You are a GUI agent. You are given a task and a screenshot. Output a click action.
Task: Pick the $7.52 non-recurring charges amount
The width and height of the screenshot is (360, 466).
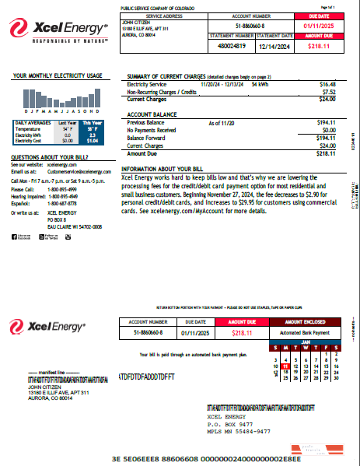pos(330,91)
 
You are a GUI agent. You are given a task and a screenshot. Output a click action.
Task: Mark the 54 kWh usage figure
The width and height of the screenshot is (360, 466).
pos(260,82)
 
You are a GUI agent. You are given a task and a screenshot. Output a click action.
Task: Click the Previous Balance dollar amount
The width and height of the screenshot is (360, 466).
pos(326,123)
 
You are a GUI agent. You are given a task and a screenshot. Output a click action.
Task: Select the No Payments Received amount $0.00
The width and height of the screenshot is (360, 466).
pos(328,130)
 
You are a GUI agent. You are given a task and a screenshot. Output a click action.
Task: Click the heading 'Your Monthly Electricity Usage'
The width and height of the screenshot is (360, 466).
pos(58,75)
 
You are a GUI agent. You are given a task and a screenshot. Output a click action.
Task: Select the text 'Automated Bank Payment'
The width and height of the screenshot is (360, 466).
pos(306,332)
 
